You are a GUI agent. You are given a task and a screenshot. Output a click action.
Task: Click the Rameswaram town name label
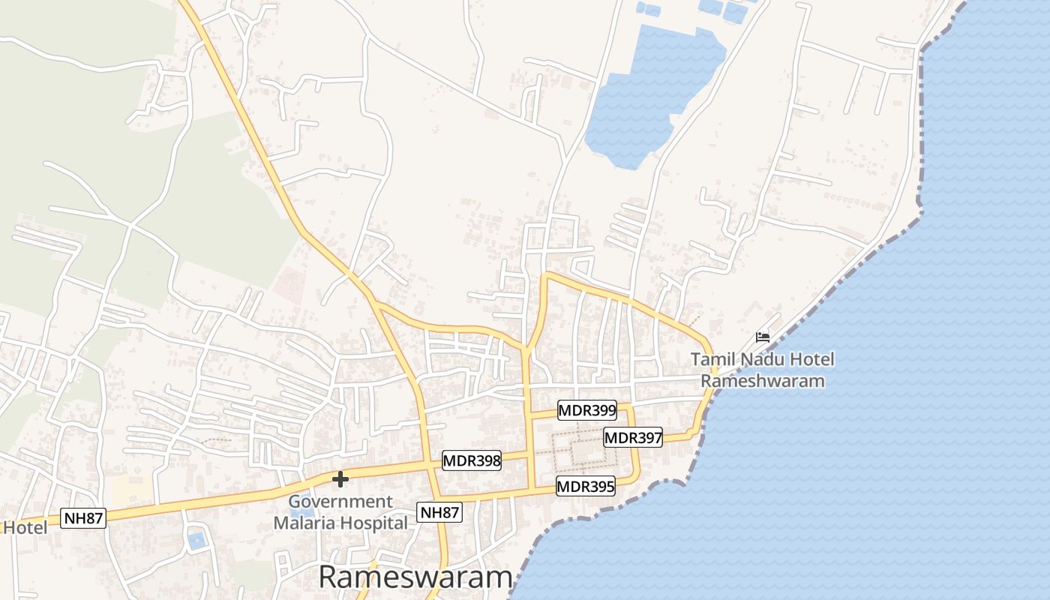[415, 577]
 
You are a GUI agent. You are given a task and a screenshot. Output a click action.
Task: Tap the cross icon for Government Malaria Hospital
[340, 478]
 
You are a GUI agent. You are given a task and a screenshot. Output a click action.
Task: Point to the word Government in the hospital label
[340, 502]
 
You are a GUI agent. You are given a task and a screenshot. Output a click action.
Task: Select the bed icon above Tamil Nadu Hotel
[763, 337]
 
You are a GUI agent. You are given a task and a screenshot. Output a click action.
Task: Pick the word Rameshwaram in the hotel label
[762, 381]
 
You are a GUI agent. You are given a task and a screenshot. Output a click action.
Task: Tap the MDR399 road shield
[586, 410]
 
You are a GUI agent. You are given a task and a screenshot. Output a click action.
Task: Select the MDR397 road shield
[633, 437]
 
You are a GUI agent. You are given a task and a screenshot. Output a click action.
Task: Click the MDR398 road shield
[471, 460]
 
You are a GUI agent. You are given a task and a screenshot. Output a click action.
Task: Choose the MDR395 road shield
[585, 487]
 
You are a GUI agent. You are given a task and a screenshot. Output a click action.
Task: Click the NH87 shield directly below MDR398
[439, 513]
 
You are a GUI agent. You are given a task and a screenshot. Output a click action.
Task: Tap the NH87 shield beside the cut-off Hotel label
[83, 517]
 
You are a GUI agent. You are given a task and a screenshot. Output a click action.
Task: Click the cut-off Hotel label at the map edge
[24, 528]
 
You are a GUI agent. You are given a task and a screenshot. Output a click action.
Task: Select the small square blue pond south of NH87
[196, 539]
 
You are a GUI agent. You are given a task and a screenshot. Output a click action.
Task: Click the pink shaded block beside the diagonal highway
[289, 286]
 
